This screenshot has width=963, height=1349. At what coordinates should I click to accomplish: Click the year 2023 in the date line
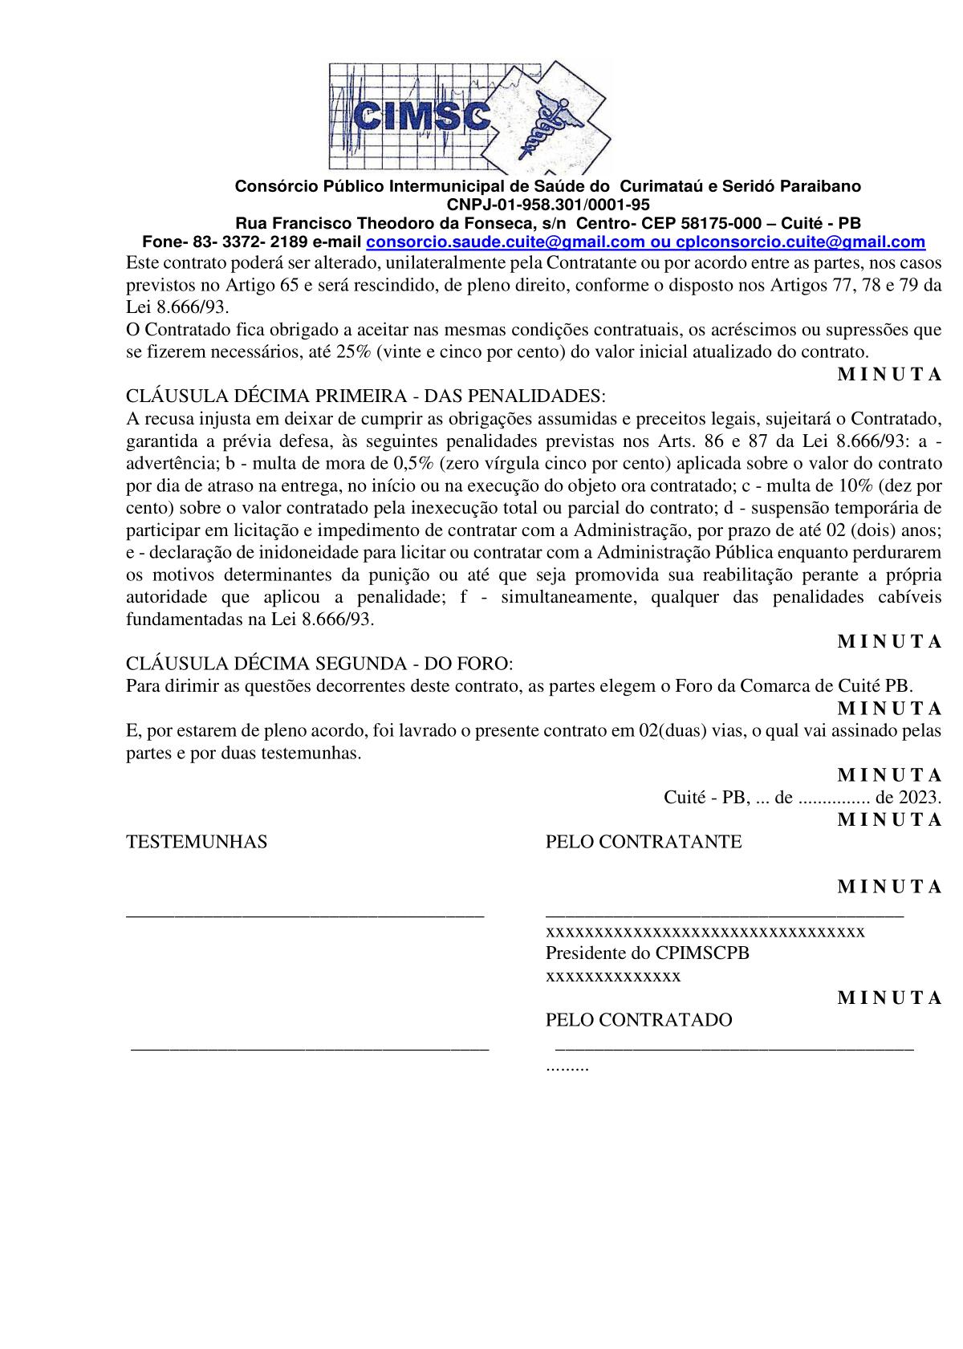919,798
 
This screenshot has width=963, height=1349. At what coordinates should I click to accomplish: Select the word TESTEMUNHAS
197,842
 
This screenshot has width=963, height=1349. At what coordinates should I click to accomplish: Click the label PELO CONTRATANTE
644,842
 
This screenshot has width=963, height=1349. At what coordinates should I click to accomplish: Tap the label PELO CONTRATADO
639,1020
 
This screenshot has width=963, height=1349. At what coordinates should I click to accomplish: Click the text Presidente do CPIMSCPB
648,953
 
